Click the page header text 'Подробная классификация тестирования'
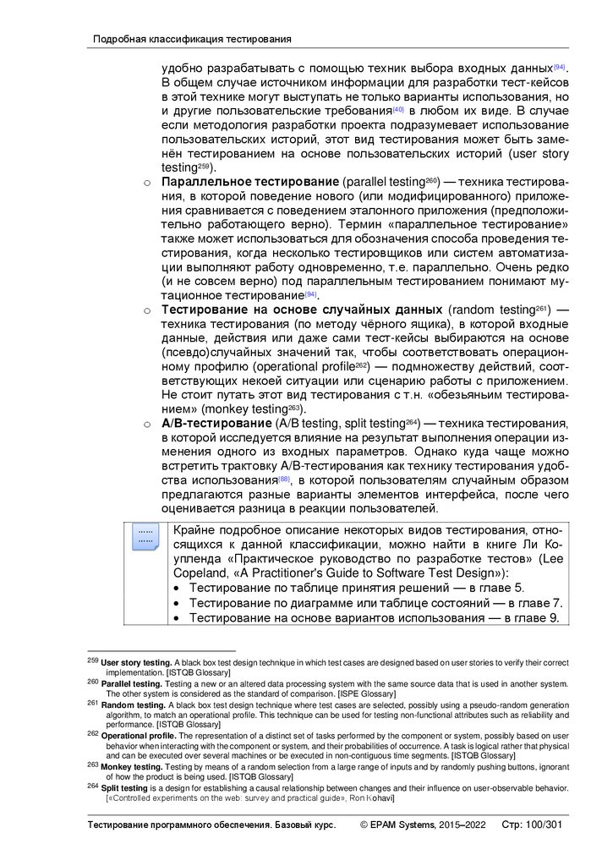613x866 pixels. coord(192,39)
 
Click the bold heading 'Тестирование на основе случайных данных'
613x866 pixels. coord(302,309)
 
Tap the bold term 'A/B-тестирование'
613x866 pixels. coord(216,422)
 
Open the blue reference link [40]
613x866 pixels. coord(398,110)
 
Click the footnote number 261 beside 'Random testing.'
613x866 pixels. coord(93,703)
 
